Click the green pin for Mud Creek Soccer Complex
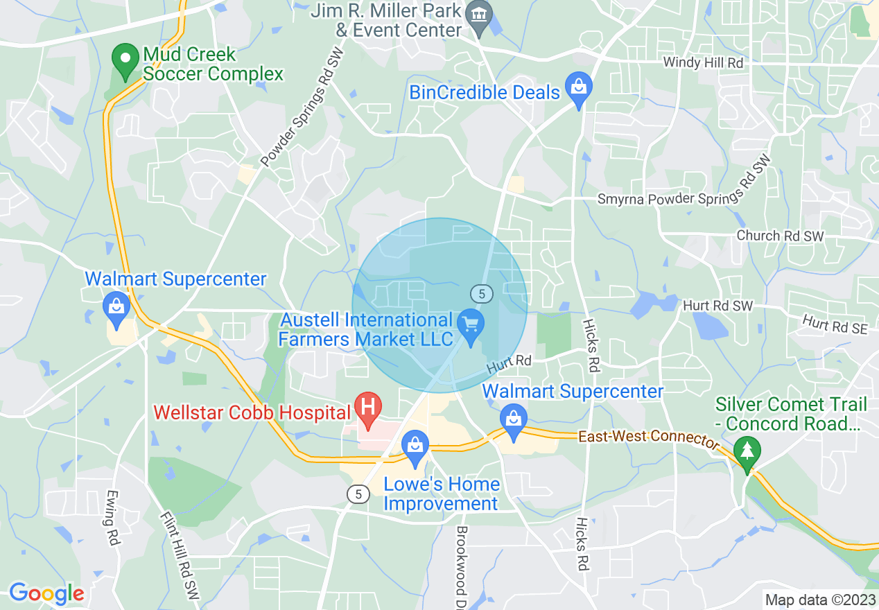(x=126, y=60)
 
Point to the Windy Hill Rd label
(x=703, y=62)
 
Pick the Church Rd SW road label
(x=780, y=236)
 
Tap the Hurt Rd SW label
(x=717, y=305)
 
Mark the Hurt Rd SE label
(x=835, y=324)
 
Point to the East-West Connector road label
(x=649, y=439)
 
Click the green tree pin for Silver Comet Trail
(x=747, y=452)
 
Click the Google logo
(x=46, y=593)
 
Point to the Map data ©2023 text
(x=819, y=599)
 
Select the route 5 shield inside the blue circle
(x=481, y=293)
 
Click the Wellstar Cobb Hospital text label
(x=251, y=412)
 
